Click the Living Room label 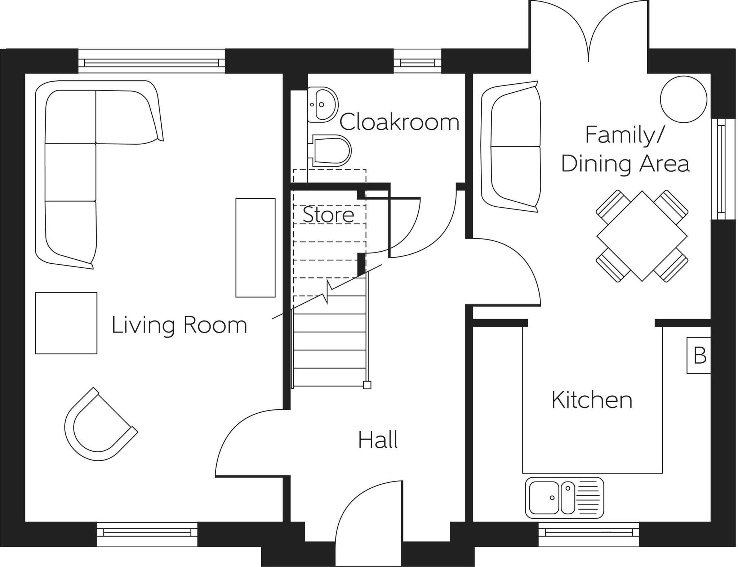coord(179,325)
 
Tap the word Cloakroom coord(399,122)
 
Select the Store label coord(328,215)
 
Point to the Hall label coord(378,440)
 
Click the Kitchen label coord(592,400)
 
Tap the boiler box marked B coord(698,355)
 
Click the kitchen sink coord(564,498)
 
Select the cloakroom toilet coord(330,150)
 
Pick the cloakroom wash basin coord(323,105)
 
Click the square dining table coord(642,236)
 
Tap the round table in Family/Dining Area coord(683,99)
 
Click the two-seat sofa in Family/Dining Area coord(511,146)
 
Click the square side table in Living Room coord(66,323)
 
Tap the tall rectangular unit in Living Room coord(255,247)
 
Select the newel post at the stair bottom coord(367,385)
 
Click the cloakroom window coord(417,61)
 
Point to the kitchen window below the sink coord(589,533)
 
